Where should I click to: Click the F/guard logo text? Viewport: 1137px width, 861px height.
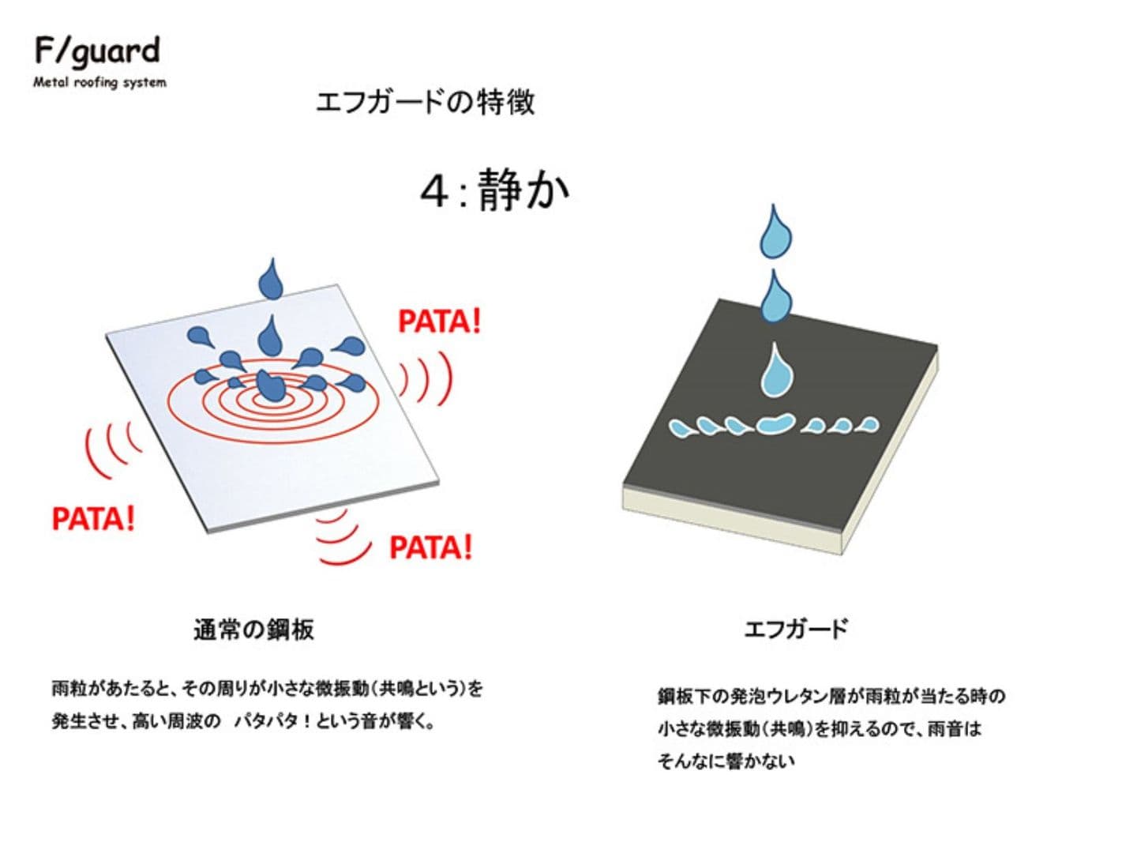(x=97, y=52)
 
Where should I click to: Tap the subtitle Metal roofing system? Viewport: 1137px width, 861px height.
(x=99, y=82)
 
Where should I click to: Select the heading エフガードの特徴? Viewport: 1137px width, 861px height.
(x=425, y=102)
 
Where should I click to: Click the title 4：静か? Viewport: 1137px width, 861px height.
(x=495, y=190)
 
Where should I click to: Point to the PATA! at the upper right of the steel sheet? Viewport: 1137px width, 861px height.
(x=440, y=321)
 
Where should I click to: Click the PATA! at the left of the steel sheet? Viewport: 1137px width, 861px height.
(x=94, y=518)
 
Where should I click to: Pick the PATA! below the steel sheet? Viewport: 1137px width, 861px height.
(x=431, y=547)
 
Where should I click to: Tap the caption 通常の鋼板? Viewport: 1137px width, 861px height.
(x=253, y=630)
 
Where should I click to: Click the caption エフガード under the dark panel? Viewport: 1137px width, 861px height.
(x=796, y=629)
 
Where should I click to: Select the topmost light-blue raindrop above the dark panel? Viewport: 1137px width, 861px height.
(x=775, y=232)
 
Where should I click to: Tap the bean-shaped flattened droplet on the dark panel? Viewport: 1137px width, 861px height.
(x=776, y=423)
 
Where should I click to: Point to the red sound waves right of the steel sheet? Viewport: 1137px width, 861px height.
(x=426, y=378)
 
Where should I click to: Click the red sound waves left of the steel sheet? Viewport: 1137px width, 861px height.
(x=113, y=449)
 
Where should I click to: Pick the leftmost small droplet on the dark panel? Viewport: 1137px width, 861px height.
(x=680, y=427)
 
